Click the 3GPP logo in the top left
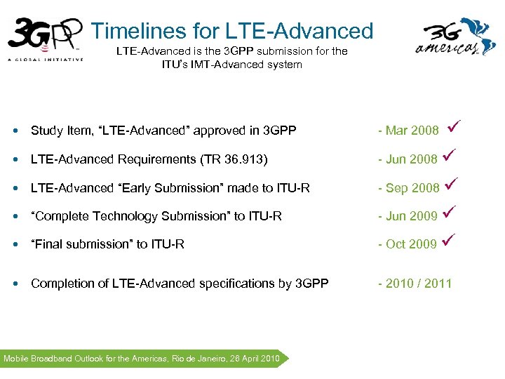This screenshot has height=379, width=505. tap(43, 36)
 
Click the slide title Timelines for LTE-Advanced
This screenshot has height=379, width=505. tap(232, 31)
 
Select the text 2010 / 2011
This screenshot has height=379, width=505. tap(419, 284)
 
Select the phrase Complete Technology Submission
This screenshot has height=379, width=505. tap(111, 216)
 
